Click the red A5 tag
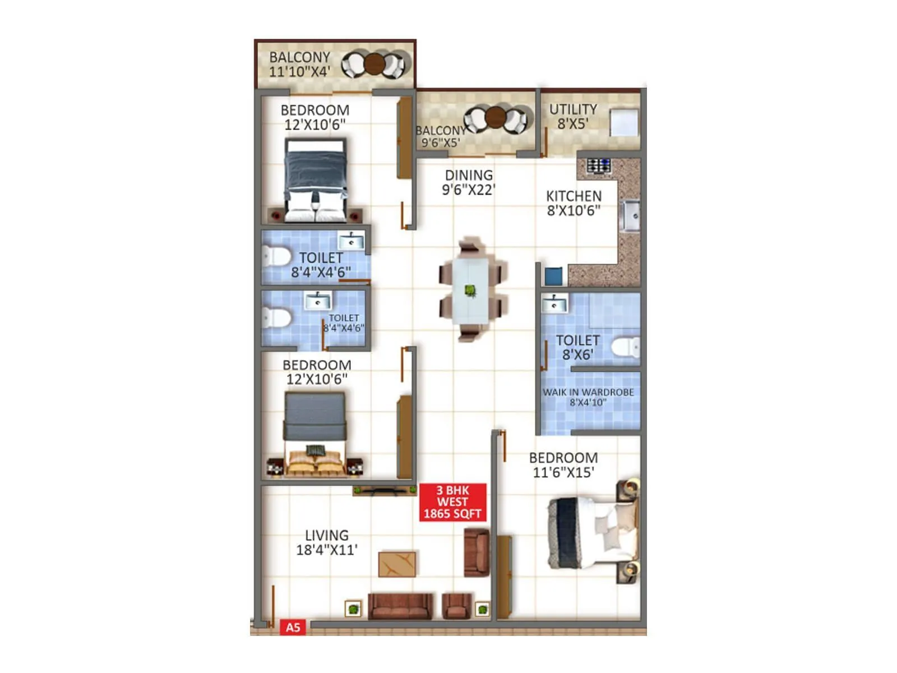point(293,627)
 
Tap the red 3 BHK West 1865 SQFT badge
point(452,502)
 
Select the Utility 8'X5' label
point(572,117)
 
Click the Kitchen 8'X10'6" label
point(574,203)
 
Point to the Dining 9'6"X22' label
point(469,182)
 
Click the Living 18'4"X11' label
point(327,542)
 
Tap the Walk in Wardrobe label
point(588,397)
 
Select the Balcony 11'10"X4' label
point(299,64)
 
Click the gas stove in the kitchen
point(599,166)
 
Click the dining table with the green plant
point(470,290)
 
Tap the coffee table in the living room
point(397,564)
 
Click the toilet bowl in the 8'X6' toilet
point(625,347)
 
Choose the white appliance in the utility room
point(624,122)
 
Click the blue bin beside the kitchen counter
point(553,276)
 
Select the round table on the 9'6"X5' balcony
point(496,117)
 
